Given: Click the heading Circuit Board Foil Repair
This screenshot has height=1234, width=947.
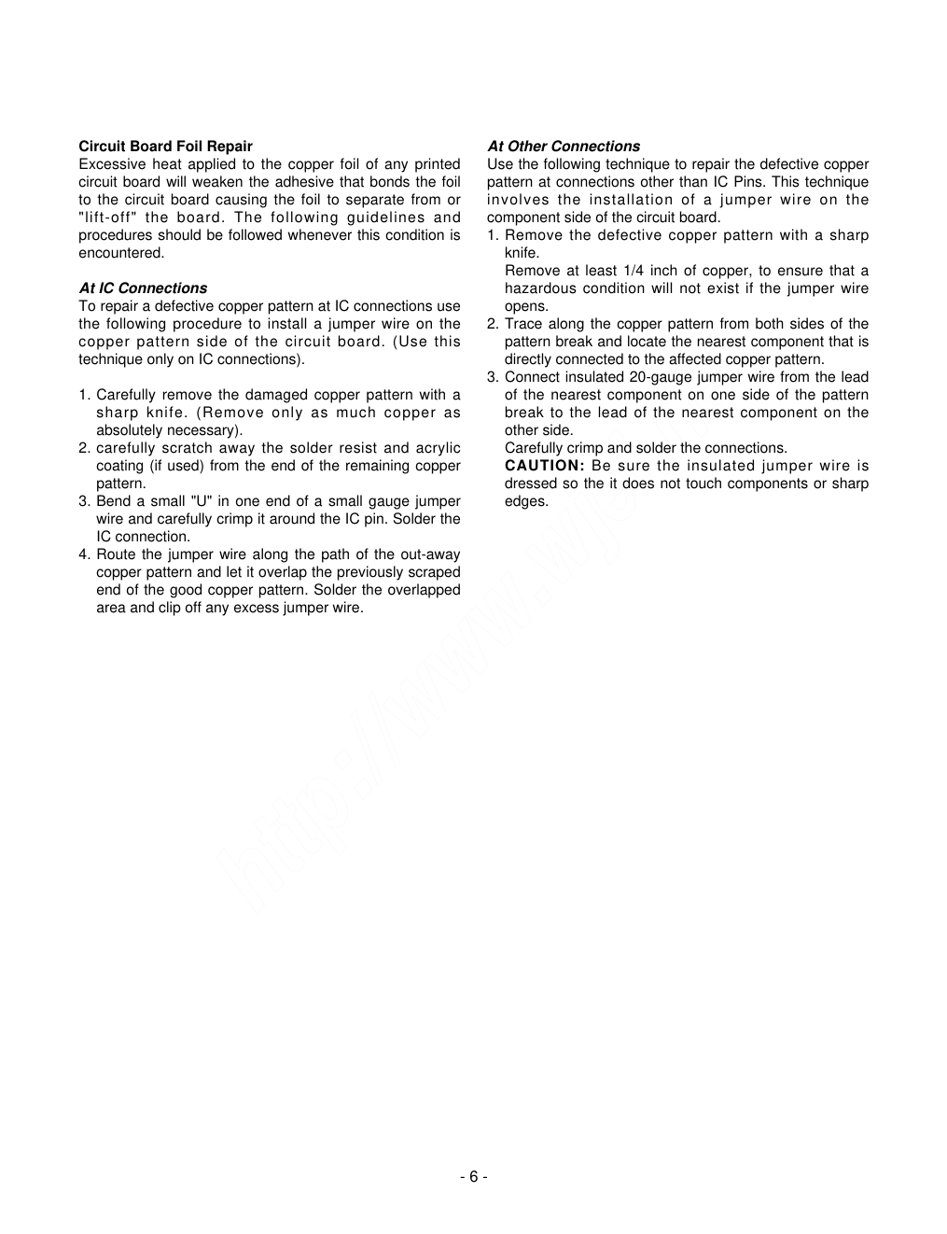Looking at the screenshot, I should tap(165, 147).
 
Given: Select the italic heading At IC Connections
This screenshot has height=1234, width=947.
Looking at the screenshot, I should tap(143, 288).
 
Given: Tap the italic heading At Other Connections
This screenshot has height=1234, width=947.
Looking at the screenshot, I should tap(564, 147).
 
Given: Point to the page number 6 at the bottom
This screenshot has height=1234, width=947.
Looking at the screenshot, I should tap(473, 1176).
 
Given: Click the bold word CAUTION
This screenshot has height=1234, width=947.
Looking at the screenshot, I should tap(544, 466).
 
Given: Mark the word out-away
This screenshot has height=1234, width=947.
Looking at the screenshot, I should tap(430, 554).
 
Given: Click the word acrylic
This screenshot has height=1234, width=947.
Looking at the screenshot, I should tap(439, 448).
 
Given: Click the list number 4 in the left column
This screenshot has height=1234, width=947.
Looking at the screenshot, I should tap(83, 554).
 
